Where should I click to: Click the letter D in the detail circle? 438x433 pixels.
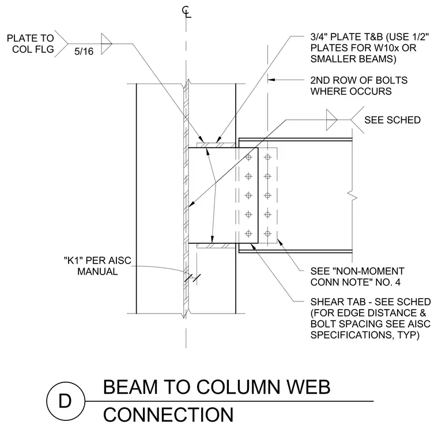coord(65,401)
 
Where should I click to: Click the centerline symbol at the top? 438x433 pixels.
coord(187,12)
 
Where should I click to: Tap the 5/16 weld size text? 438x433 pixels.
coord(84,51)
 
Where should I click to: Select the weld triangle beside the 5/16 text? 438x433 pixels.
coord(107,44)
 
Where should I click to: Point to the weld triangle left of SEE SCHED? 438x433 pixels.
coord(331,120)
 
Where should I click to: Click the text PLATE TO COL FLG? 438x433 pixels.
coord(31,44)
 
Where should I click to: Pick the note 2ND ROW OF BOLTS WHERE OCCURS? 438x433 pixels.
coord(358,86)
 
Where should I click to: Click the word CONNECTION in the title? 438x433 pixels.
coord(168,415)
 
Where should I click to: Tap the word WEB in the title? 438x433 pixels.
coord(309,387)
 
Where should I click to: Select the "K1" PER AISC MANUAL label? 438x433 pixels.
coord(97,266)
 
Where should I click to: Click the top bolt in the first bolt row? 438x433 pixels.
coord(248,157)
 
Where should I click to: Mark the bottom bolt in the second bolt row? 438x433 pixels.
coord(267,234)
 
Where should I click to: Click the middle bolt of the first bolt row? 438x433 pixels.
coord(248,195)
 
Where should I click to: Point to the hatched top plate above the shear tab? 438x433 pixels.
coord(216,145)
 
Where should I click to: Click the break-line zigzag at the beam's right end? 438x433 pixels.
coord(353,195)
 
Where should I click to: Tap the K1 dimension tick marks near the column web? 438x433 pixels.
coord(192,278)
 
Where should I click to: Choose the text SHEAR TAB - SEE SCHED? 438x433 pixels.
coord(371,302)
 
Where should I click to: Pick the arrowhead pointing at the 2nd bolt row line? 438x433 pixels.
coord(271,80)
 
